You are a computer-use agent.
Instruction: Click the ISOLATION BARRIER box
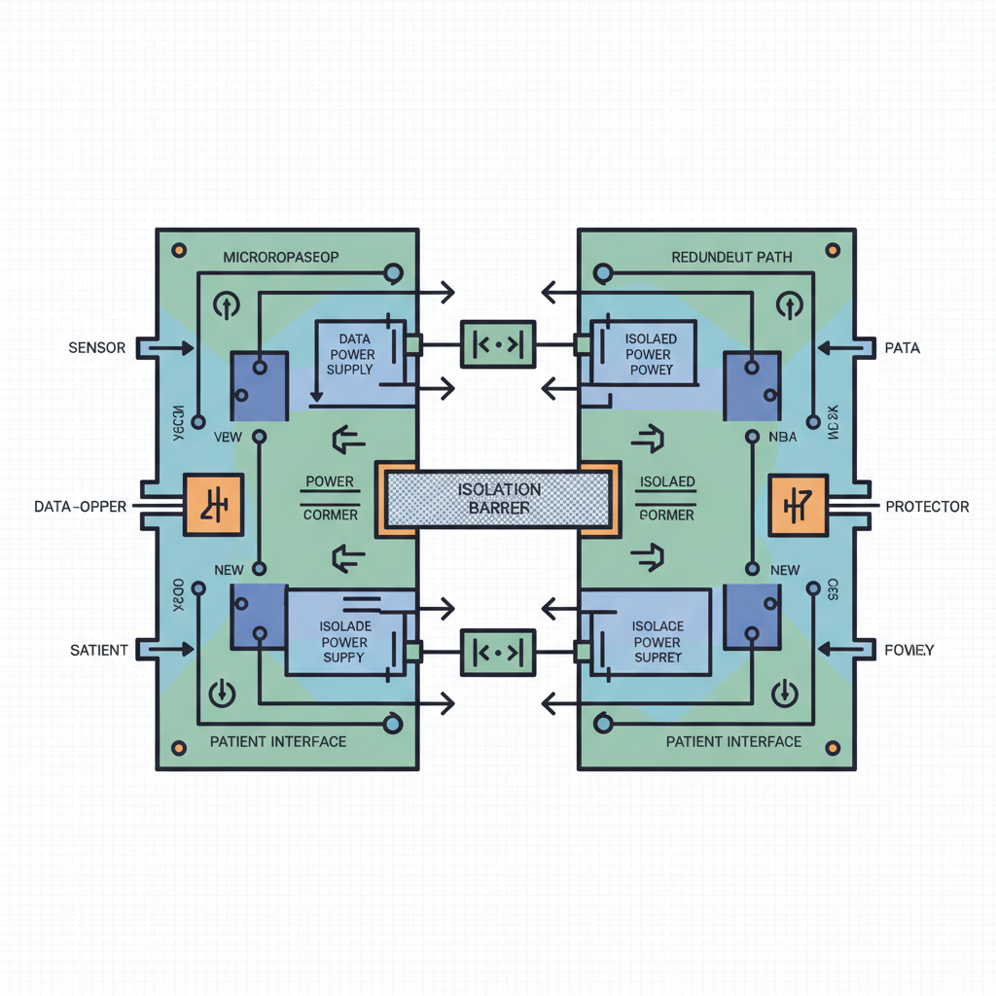498,499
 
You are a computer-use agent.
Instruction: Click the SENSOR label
97,347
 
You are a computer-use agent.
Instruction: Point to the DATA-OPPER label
80,507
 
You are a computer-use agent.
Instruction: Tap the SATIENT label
99,650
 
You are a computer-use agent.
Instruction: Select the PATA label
902,347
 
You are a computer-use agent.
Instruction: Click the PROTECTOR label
926,507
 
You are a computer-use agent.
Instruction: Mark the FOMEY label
908,650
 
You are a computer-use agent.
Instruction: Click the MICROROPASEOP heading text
281,258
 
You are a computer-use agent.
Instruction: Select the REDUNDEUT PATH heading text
731,258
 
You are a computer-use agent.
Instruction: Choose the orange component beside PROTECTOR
798,505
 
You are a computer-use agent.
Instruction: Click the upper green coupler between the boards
498,344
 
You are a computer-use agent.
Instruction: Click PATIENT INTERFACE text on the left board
278,741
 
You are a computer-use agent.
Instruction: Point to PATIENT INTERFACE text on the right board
733,741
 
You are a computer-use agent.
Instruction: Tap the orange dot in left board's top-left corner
178,250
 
